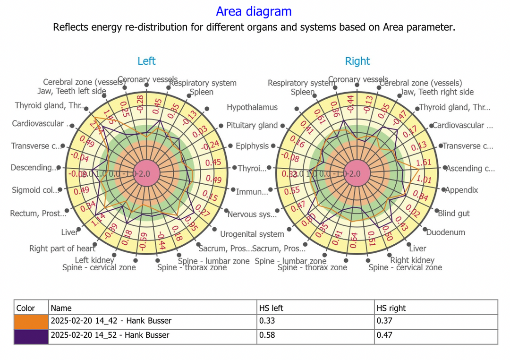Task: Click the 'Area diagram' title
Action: tap(254, 11)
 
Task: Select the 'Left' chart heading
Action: tap(146, 61)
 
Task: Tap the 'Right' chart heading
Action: tap(357, 61)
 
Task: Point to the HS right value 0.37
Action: tap(385, 321)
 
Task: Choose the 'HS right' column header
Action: tap(391, 308)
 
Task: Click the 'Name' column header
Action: tap(61, 308)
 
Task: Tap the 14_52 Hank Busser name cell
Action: tap(110, 335)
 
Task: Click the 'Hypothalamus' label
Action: tap(252, 107)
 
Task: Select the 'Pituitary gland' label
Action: tap(252, 125)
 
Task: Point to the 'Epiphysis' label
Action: tap(252, 146)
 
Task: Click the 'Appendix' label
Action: tap(461, 190)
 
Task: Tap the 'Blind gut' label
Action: tap(454, 214)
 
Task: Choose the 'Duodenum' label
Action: tap(445, 232)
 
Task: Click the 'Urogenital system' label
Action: tap(252, 234)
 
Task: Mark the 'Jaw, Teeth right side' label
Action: tap(437, 92)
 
